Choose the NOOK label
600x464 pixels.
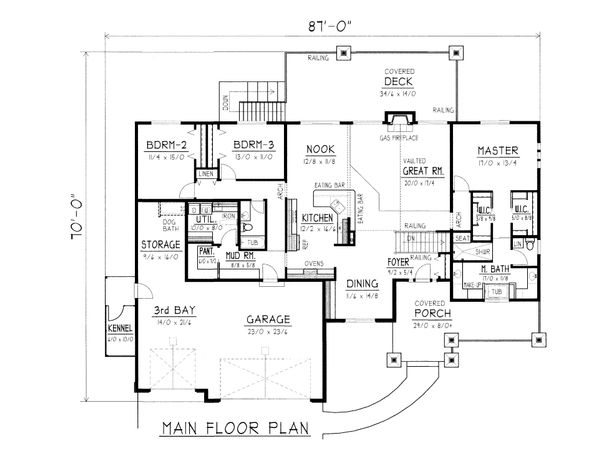[318, 148]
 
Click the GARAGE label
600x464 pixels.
[270, 322]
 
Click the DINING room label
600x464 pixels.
[363, 283]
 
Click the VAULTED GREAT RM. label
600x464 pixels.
[404, 170]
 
